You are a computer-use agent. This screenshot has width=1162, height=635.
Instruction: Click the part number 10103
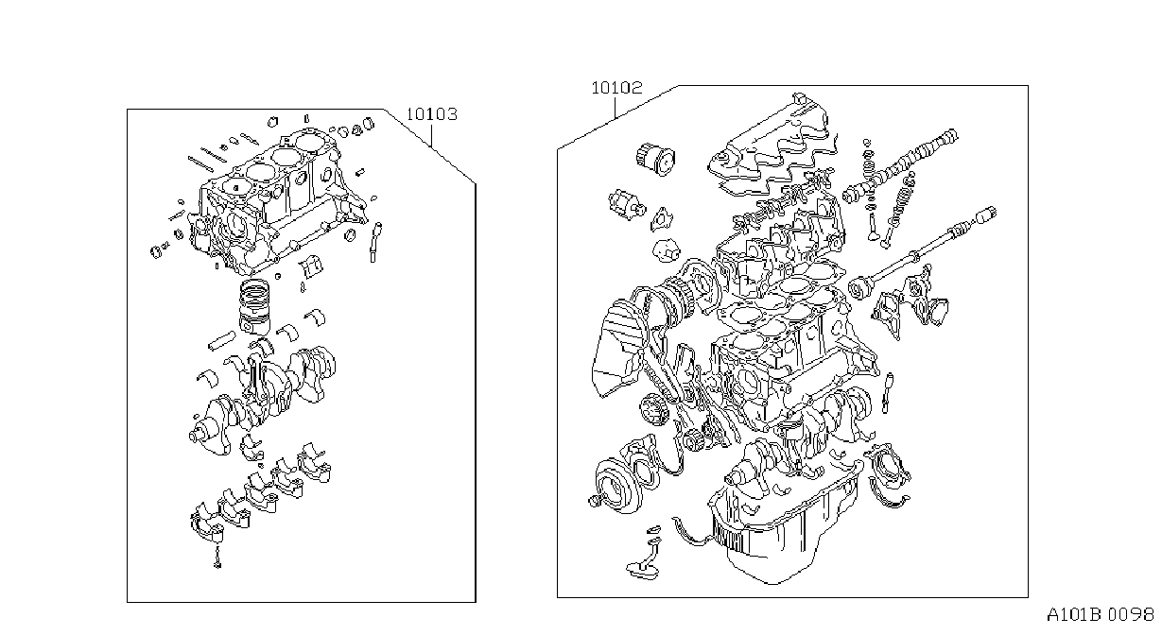coord(431,114)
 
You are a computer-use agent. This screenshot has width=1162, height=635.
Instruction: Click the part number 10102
coord(616,88)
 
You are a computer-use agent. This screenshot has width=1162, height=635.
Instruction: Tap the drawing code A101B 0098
coord(1100,615)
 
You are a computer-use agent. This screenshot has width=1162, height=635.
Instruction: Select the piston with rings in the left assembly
coord(254,307)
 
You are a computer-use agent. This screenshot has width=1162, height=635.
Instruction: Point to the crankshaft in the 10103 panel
coord(263,398)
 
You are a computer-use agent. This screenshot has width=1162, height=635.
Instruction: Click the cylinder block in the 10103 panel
coord(275,202)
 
